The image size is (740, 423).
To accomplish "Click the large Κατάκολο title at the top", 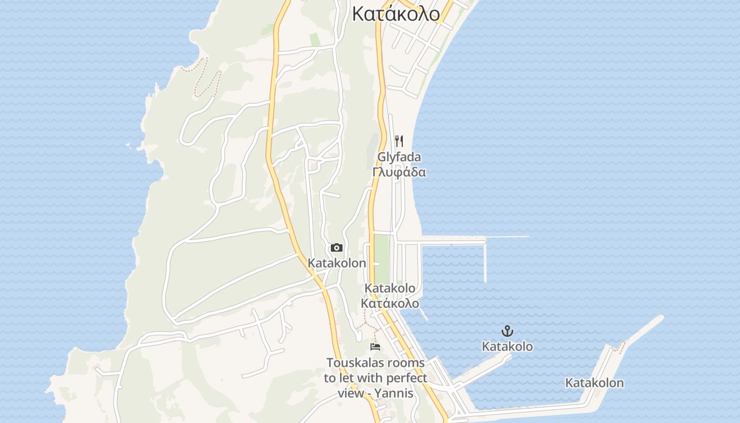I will [396, 14].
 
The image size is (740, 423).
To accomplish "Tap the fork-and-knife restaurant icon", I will [399, 141].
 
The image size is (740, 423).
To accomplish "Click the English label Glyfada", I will [399, 157].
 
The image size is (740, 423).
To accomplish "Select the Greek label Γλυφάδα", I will [399, 172].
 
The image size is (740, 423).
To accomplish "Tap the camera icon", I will [337, 247].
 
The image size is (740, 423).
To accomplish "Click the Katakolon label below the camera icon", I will [337, 263].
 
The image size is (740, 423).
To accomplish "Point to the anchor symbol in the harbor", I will [507, 332].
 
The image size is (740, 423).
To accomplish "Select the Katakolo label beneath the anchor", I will [507, 346].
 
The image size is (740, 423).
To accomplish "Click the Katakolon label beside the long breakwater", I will [595, 383].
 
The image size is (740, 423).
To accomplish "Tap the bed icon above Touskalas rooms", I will [375, 347].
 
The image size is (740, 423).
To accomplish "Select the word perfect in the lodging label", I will [406, 378].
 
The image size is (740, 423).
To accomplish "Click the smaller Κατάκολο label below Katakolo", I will [390, 304].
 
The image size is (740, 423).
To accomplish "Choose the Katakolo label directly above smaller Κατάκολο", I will [390, 289].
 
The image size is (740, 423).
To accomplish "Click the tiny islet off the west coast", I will [128, 144].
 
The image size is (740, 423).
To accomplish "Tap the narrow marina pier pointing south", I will [485, 262].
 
